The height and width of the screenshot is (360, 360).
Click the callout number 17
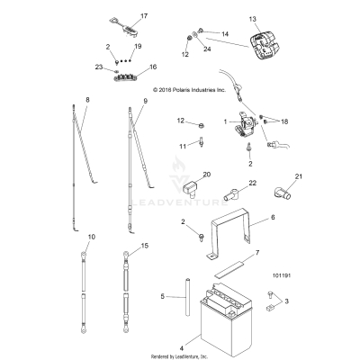click(x=143, y=16)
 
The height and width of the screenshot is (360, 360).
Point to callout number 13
click(x=253, y=18)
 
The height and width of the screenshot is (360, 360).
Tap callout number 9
click(x=143, y=101)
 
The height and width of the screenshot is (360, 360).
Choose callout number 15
click(x=143, y=244)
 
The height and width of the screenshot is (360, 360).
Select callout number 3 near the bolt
click(x=286, y=301)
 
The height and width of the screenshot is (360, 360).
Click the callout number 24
click(x=209, y=50)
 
